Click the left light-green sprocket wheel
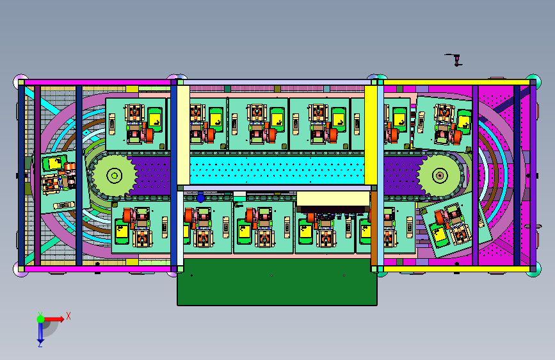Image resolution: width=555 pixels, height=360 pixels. [x=115, y=176]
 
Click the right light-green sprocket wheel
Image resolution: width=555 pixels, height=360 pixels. [x=440, y=175]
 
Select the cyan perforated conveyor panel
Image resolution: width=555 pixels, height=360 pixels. [x=277, y=170]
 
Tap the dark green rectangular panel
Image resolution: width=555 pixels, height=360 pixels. [x=277, y=282]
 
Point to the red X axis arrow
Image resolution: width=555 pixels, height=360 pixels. [x=53, y=319]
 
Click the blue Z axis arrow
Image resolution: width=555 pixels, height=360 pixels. [x=40, y=332]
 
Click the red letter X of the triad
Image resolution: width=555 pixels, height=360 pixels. [x=68, y=316]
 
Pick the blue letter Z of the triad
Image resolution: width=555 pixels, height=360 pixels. [x=40, y=344]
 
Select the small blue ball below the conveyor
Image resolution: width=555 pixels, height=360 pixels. [x=201, y=198]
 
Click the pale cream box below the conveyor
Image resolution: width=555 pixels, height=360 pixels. [x=333, y=199]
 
